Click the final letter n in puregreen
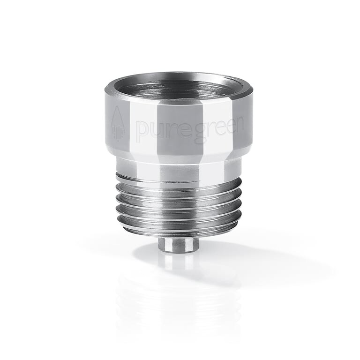(238, 124)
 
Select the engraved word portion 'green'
(218, 130)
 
